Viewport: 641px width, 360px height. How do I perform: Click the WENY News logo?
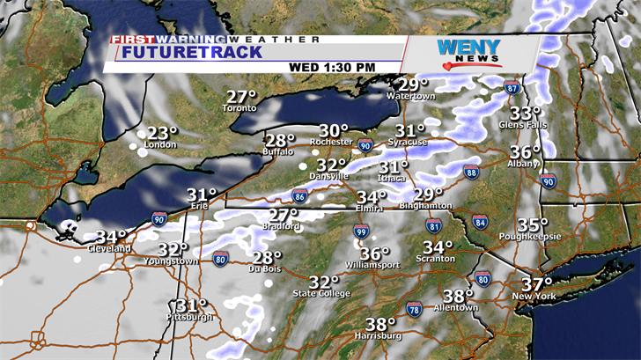tap(468, 52)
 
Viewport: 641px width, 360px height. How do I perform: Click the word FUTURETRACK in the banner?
tap(192, 52)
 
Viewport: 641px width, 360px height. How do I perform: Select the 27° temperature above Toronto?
tap(240, 97)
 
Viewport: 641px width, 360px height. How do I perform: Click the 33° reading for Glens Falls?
tap(526, 113)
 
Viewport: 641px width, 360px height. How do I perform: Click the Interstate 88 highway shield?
tap(472, 173)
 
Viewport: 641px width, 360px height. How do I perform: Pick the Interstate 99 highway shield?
tap(361, 231)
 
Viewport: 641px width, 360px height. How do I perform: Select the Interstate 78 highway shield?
tap(414, 308)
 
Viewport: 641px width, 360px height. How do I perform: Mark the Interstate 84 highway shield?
tap(480, 222)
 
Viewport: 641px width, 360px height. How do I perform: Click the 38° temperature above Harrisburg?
tap(381, 323)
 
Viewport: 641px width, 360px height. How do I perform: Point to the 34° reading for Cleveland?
tap(111, 237)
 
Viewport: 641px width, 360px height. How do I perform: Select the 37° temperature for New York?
tap(535, 283)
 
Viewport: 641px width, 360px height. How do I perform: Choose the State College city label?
tap(321, 293)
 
